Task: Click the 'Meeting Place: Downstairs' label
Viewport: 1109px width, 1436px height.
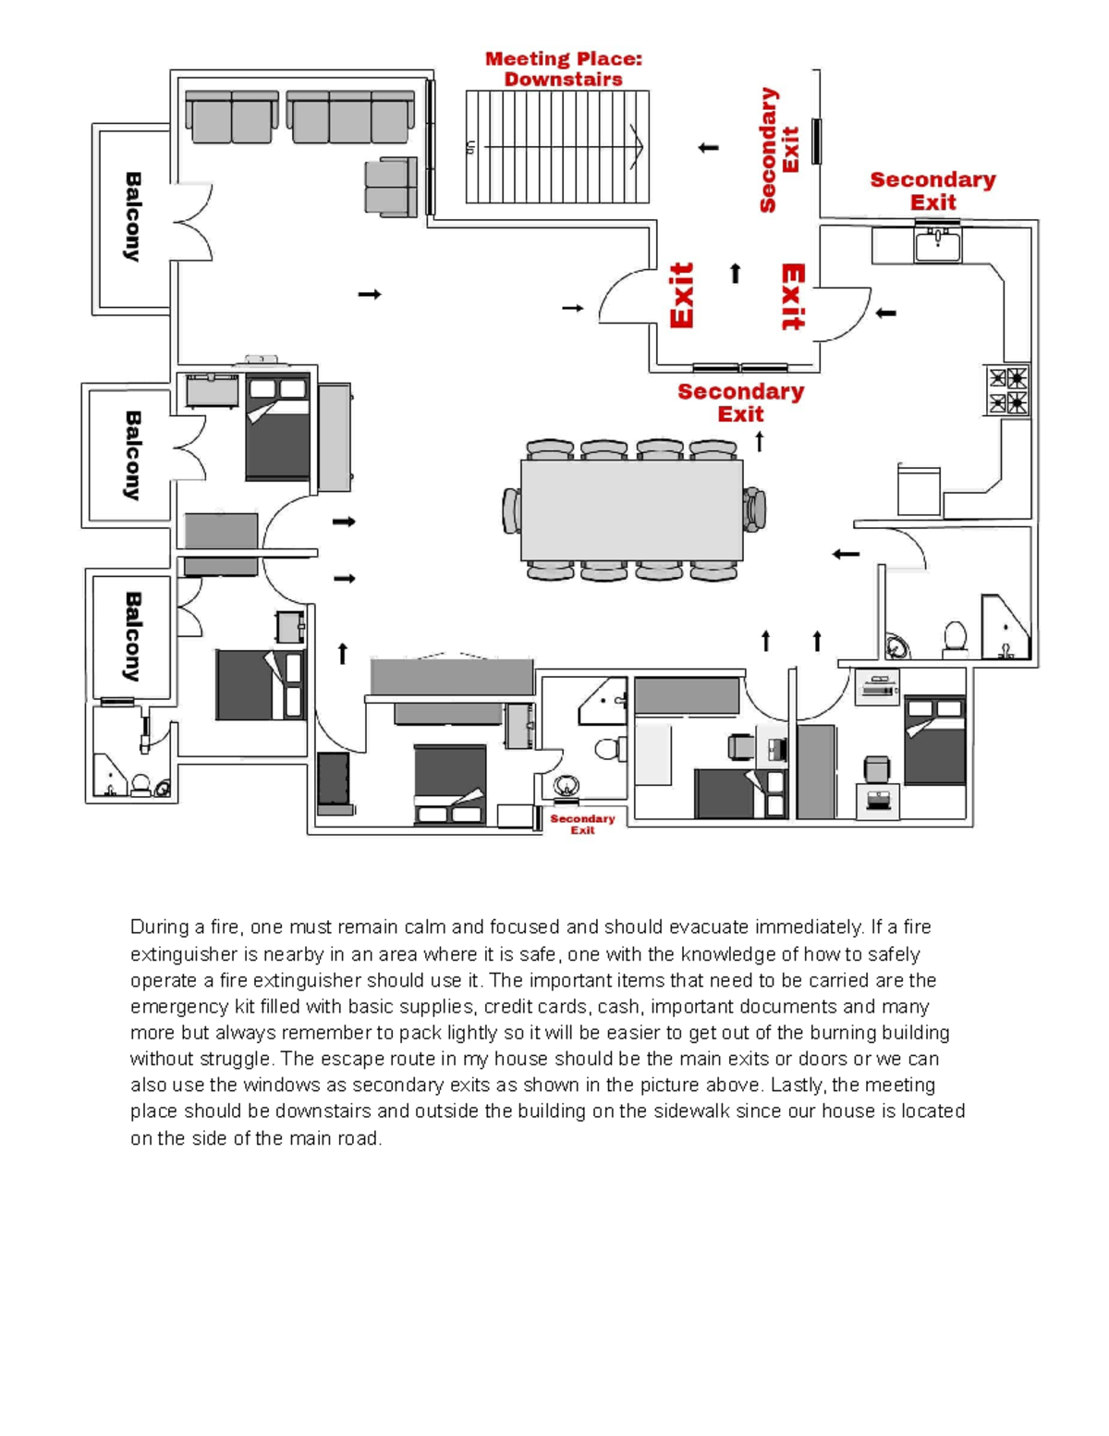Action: pyautogui.click(x=563, y=69)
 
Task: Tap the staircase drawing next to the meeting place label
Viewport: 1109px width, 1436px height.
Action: pyautogui.click(x=557, y=146)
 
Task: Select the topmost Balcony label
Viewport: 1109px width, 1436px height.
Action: pyautogui.click(x=133, y=216)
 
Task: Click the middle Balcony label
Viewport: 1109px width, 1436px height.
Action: pyautogui.click(x=133, y=455)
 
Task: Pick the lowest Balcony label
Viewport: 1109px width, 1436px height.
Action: pyautogui.click(x=133, y=636)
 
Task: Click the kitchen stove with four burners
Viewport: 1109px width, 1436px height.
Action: pyautogui.click(x=1006, y=389)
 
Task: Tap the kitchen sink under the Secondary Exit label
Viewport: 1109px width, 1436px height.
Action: pyautogui.click(x=938, y=245)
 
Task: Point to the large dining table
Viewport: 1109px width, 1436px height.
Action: pyautogui.click(x=631, y=509)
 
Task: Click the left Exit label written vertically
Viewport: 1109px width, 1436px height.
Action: pyautogui.click(x=682, y=295)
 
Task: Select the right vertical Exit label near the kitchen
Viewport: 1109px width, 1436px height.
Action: pyautogui.click(x=793, y=297)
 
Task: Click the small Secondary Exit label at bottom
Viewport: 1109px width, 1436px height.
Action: pyautogui.click(x=582, y=824)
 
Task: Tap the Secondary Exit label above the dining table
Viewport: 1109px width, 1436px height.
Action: pyautogui.click(x=740, y=402)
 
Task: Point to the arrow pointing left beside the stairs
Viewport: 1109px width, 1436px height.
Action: pyautogui.click(x=708, y=147)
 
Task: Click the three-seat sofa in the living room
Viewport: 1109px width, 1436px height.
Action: pyautogui.click(x=350, y=117)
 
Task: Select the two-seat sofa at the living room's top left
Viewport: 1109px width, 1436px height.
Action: pyautogui.click(x=232, y=117)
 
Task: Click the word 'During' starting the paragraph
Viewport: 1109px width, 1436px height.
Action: pyautogui.click(x=160, y=927)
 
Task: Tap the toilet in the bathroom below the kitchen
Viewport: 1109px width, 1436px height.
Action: pyautogui.click(x=955, y=637)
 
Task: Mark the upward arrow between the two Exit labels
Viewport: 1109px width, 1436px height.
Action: pyautogui.click(x=736, y=273)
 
